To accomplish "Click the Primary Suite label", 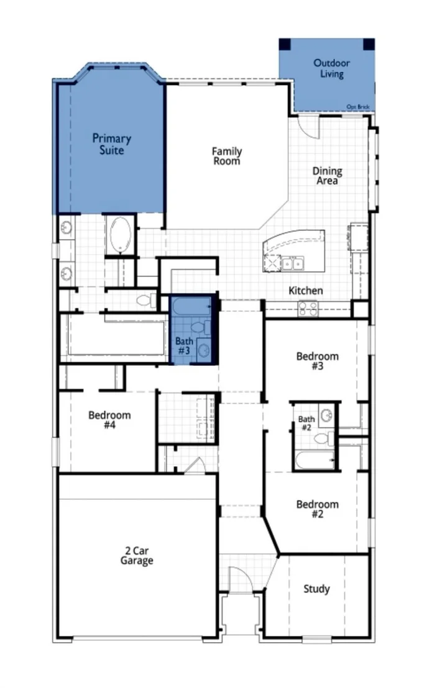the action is point(112,144).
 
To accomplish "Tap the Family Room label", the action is point(227,156).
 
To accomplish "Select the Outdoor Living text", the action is point(332,68).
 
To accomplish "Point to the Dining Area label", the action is point(328,176).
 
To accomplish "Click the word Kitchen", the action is point(306,291).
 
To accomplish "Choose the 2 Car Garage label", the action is point(137,556).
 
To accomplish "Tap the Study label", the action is point(316,589).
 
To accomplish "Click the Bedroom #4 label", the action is point(109,420).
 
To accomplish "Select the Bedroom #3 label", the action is point(317,361).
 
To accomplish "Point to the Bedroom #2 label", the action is point(317,509).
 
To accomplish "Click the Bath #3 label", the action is point(184,346).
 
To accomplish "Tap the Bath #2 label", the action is point(306,423).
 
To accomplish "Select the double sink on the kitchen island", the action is point(293,264).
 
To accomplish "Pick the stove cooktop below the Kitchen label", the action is point(308,309).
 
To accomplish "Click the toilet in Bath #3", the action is point(198,327).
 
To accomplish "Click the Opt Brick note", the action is point(358,107).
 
